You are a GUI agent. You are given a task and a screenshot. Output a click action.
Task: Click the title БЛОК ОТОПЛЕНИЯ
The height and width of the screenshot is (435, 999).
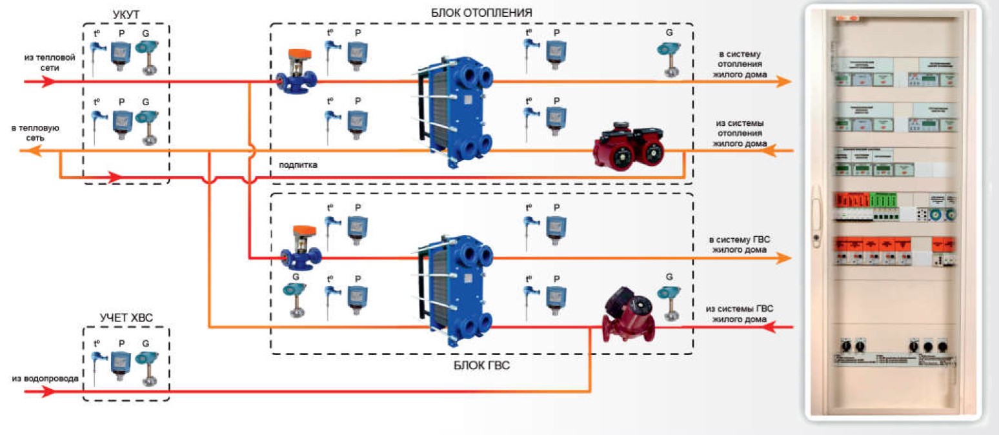481,12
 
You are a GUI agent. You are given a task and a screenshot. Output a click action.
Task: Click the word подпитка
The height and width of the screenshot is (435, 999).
298,165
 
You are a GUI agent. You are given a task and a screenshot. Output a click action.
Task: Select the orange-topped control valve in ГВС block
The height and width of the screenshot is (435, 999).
297,248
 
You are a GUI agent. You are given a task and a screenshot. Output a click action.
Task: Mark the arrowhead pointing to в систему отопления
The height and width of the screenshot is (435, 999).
783,81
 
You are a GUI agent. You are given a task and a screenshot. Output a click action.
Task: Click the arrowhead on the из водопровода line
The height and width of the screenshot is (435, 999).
49,391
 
